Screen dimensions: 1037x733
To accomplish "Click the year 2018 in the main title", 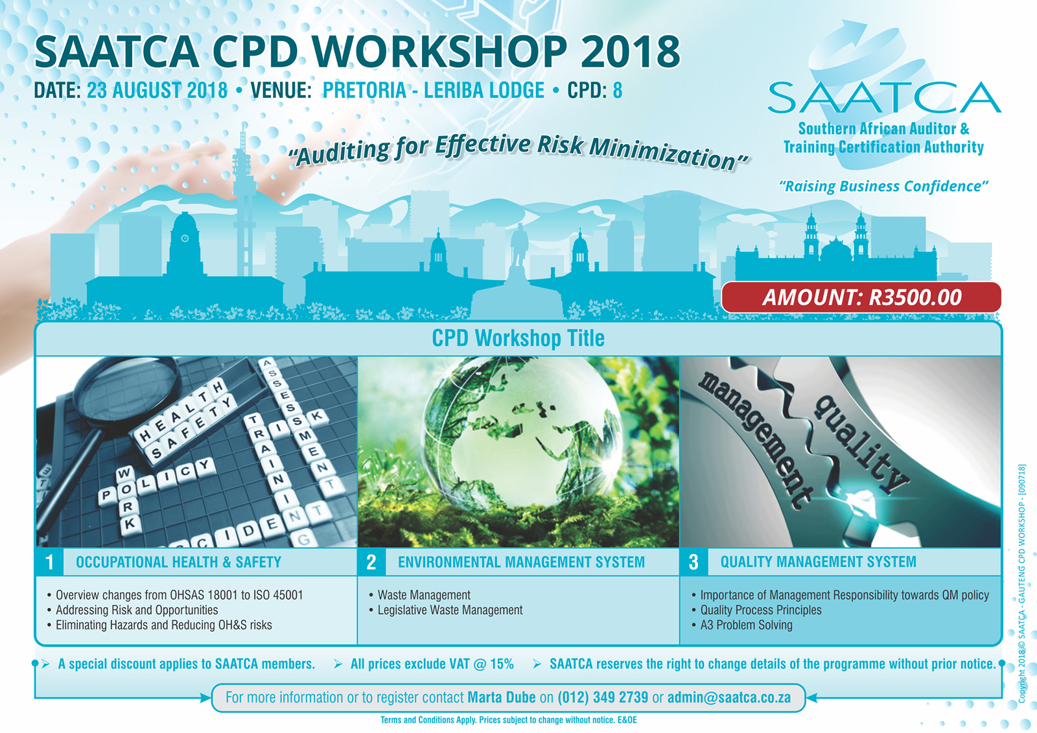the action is [x=631, y=51].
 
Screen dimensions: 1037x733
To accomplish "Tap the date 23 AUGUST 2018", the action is [x=157, y=90].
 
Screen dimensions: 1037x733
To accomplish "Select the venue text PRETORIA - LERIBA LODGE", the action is [x=434, y=90].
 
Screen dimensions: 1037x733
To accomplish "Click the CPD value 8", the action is [x=618, y=90].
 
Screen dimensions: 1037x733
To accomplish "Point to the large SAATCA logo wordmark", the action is [x=884, y=98].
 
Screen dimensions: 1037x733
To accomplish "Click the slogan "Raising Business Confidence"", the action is [x=883, y=186].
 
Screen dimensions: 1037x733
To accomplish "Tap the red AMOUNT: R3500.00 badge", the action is [x=861, y=297].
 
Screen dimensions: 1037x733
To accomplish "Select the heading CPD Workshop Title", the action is [x=518, y=338].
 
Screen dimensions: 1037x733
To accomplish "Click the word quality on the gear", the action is [x=861, y=444].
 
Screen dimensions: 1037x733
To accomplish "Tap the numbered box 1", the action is [x=49, y=562].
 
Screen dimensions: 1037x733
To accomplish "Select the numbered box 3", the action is [x=693, y=562].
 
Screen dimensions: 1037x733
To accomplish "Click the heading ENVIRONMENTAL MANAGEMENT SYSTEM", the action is [x=521, y=562].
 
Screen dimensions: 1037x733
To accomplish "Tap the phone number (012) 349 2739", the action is [x=603, y=697].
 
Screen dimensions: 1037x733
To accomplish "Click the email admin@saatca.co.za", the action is [x=728, y=697].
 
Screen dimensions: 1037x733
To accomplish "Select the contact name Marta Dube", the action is [x=502, y=697].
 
